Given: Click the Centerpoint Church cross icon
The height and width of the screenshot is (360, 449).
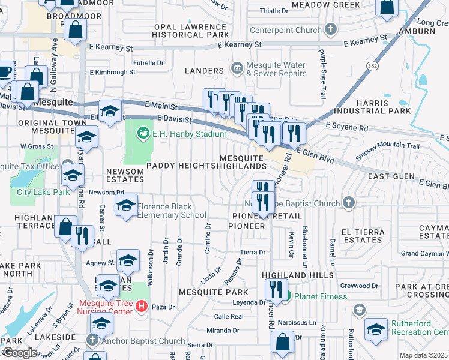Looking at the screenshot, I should [330, 30].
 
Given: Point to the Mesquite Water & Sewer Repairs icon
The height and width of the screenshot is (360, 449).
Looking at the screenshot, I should [237, 68].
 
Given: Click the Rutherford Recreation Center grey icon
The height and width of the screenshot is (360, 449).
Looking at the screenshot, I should [360, 310].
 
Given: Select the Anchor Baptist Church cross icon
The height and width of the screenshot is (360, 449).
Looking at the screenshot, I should [92, 339].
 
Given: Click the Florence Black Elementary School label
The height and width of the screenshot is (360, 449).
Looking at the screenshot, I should [172, 211].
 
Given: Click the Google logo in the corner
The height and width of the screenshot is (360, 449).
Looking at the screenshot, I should [20, 353].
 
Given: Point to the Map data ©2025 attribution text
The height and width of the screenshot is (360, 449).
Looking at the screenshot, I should [424, 355].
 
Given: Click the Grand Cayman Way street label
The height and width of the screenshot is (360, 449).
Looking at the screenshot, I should [424, 254].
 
